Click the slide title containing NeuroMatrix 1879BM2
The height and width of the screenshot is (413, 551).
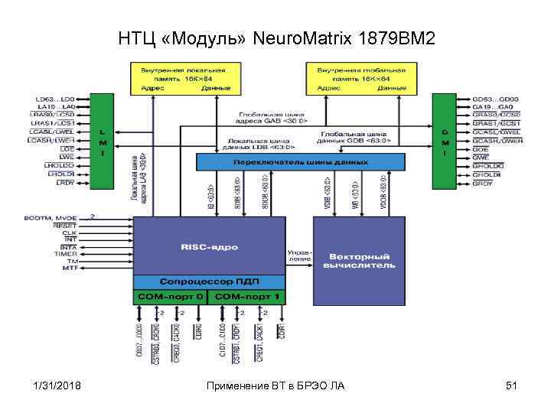point(276,37)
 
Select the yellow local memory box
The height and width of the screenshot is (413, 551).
point(184,79)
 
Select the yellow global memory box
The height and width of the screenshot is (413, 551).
point(360,79)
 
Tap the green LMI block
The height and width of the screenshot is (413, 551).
point(103,141)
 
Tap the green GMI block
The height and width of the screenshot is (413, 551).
point(443,141)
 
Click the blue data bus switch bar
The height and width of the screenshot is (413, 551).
point(300,162)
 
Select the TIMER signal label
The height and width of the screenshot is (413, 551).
point(65,254)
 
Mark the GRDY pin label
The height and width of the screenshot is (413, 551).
point(483,184)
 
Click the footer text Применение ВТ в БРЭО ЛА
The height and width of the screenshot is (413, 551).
point(276,385)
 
